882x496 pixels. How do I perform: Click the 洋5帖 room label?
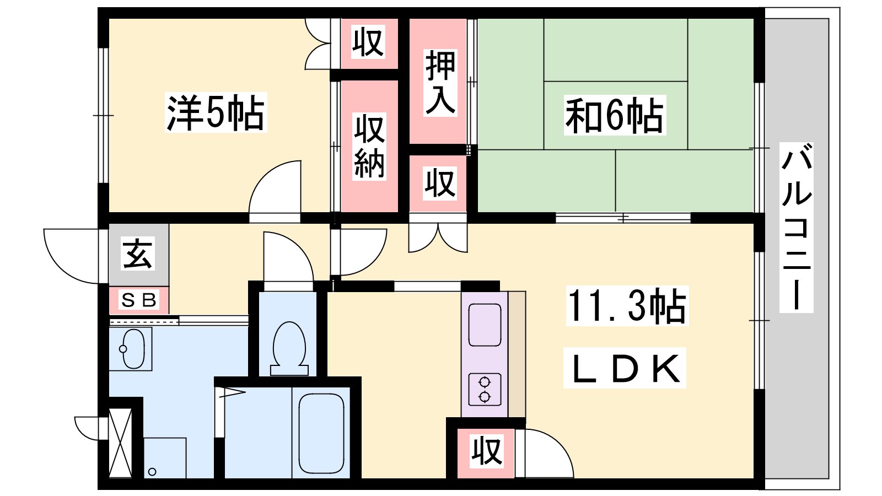point(216,112)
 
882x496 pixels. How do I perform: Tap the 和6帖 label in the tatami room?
point(615,115)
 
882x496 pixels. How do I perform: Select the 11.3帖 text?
point(627,306)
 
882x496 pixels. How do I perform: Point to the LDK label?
point(625,368)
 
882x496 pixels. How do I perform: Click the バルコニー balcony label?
point(797,228)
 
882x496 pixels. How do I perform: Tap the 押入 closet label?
point(440,83)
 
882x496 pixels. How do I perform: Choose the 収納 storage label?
point(369,147)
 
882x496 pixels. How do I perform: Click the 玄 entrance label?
point(137,254)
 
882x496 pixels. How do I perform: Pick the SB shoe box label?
point(139,301)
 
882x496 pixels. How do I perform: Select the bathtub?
point(321,433)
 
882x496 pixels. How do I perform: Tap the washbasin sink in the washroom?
point(133,348)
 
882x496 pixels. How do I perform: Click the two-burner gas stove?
point(485,389)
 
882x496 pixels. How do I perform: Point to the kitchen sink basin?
point(485,325)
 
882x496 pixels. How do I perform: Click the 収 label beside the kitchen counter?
point(487,451)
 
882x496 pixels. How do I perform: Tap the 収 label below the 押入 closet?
point(440,184)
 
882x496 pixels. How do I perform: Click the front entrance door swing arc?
point(71,256)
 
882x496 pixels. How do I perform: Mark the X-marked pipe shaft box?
point(120,443)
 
